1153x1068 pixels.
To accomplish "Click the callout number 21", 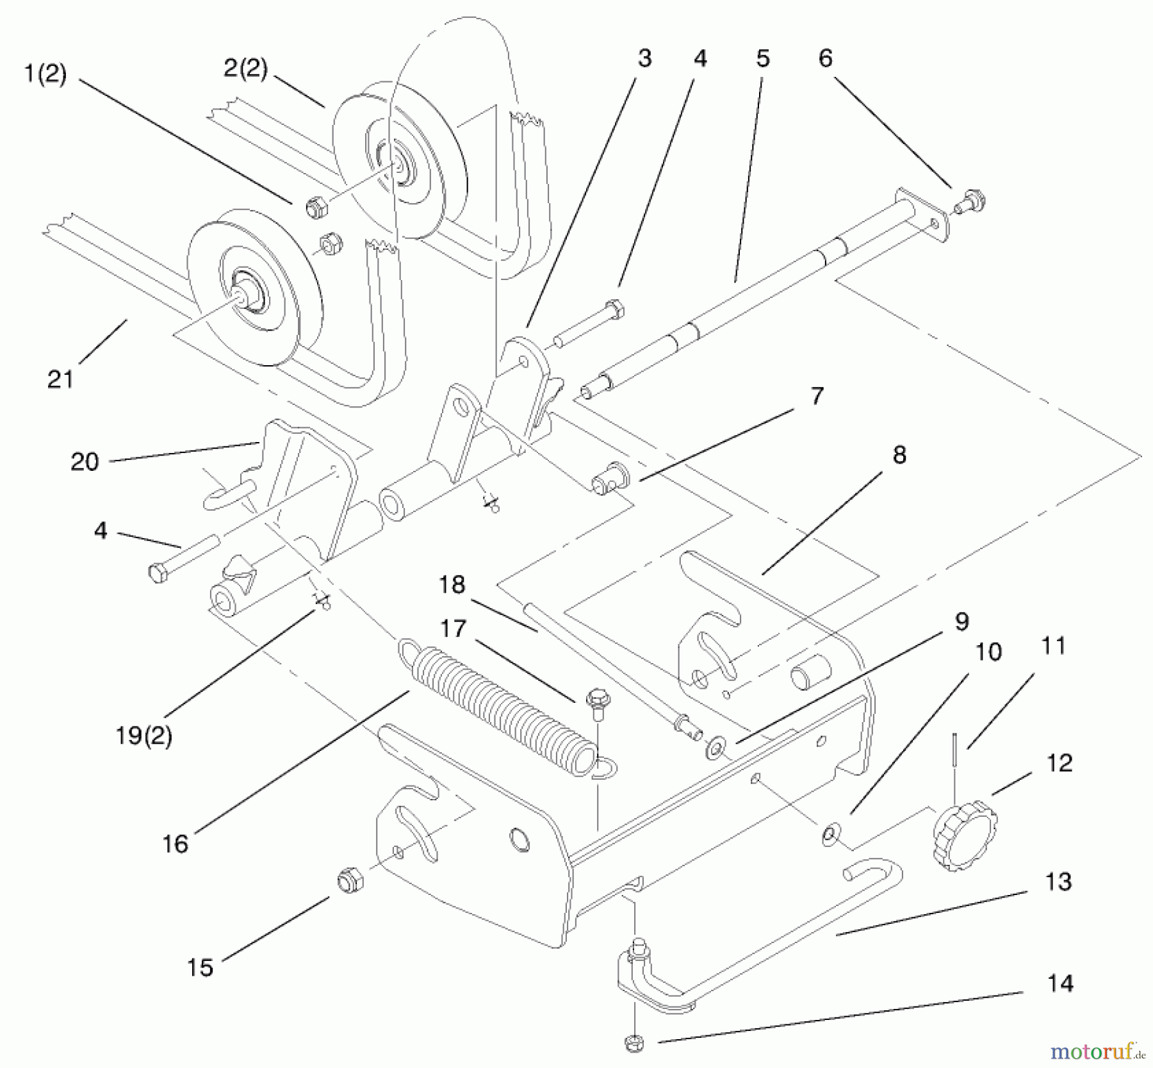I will [x=61, y=379].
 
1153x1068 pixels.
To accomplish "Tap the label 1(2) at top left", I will [x=45, y=74].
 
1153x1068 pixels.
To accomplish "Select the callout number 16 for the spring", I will [x=175, y=844].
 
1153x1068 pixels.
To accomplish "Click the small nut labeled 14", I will [x=633, y=1044].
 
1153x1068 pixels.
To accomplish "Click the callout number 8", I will [x=899, y=456].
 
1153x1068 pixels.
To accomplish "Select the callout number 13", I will [x=1058, y=881].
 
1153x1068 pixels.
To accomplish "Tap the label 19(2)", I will [x=143, y=735].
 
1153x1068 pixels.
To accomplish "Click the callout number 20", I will [x=85, y=461].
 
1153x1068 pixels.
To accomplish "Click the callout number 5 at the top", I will [x=762, y=58].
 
